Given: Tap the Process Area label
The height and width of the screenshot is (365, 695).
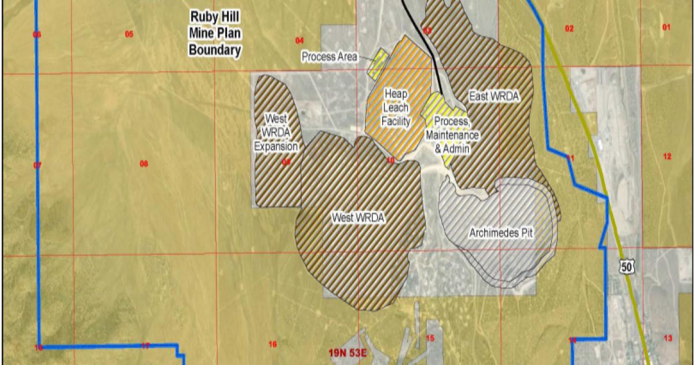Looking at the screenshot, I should (x=329, y=57).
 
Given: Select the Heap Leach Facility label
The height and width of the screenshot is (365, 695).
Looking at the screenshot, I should (x=397, y=107).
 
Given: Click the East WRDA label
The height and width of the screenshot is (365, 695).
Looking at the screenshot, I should (x=493, y=96).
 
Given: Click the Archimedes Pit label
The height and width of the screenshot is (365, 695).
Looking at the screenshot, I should (x=500, y=233).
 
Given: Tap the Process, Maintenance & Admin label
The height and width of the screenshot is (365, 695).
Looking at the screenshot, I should (x=452, y=134).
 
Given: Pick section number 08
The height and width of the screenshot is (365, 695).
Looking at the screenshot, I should (x=144, y=164).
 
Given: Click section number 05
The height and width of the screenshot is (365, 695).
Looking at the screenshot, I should (x=129, y=34).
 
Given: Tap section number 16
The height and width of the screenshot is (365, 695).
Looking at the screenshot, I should (x=273, y=344).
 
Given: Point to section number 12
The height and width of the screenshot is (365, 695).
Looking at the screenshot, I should (x=667, y=156).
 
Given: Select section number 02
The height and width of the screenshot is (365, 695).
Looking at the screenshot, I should (x=569, y=28).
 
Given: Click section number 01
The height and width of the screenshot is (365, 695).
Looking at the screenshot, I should (x=666, y=27).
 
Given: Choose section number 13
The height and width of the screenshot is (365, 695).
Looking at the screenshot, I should (x=668, y=338).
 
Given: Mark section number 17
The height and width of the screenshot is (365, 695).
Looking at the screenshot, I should (x=145, y=346).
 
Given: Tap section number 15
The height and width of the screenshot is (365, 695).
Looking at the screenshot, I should (x=430, y=338).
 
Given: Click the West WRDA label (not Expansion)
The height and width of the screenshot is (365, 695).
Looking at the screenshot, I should (x=358, y=218).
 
